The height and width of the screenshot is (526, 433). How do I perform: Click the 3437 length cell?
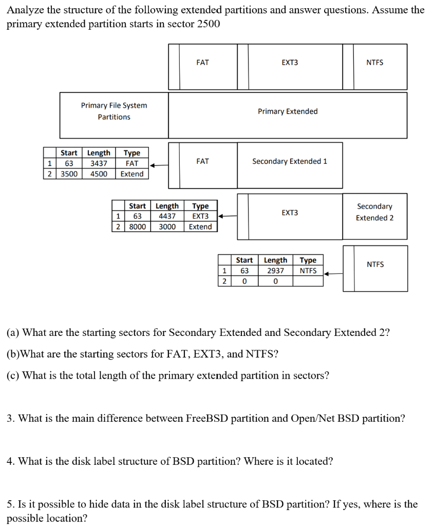click(x=99, y=163)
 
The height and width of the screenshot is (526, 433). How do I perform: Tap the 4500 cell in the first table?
click(x=99, y=174)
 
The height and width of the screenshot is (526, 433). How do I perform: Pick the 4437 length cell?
click(x=167, y=216)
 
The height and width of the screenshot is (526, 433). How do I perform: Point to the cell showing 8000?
click(x=137, y=227)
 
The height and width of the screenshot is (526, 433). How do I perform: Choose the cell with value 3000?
click(x=167, y=227)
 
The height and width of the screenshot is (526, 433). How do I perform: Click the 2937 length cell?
click(x=275, y=271)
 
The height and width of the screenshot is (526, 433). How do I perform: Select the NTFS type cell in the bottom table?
click(x=308, y=271)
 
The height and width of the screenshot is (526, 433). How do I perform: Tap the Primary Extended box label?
click(x=288, y=111)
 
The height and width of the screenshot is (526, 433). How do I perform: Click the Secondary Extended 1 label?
click(x=290, y=161)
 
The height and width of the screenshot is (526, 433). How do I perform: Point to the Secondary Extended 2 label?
click(x=375, y=212)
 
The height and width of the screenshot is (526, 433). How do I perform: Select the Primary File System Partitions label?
click(x=114, y=111)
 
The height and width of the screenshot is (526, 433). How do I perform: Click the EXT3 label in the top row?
click(x=290, y=63)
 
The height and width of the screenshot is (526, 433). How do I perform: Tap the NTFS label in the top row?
click(x=375, y=63)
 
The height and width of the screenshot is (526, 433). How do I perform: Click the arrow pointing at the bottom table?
click(x=333, y=273)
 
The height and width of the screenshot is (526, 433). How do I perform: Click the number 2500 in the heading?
click(x=209, y=24)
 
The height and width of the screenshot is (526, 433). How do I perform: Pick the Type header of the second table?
click(x=200, y=206)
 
